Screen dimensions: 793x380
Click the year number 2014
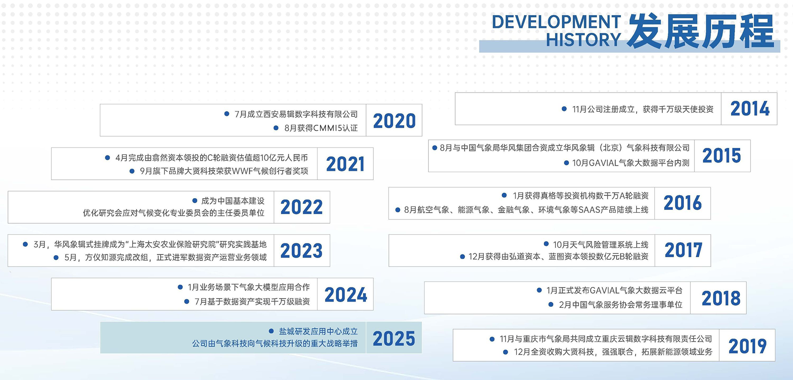coord(750,109)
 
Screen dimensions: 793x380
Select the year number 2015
coord(722,156)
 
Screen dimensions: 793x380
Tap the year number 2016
coord(683,203)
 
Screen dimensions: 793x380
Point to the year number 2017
coord(683,251)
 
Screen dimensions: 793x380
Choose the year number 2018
coord(721,298)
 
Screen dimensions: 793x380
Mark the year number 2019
coord(747,346)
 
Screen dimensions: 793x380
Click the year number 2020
coord(394,121)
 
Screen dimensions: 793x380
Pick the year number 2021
coord(345,164)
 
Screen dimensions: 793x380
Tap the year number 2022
coord(302,207)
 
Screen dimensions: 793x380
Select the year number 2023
coord(302,251)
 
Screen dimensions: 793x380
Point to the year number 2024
coord(346,295)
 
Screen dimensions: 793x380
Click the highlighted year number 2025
coord(394,339)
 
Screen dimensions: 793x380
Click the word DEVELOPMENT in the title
coord(556,22)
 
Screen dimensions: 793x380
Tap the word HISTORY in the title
coord(583,40)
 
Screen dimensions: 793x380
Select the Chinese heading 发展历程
coord(700,31)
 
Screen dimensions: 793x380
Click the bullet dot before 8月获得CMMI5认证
coord(276,128)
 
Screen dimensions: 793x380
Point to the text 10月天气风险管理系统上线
coord(601,245)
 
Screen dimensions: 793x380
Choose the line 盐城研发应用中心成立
coord(318,331)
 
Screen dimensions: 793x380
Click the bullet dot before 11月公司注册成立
coord(564,109)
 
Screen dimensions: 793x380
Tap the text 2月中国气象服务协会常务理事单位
coord(621,305)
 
